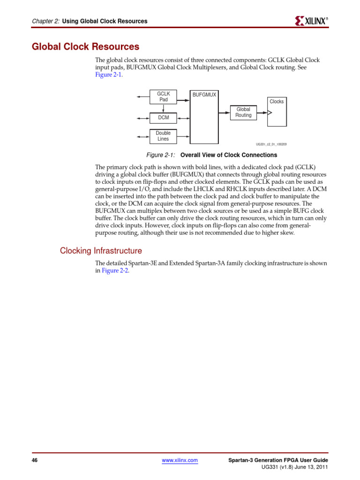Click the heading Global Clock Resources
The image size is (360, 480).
(85, 47)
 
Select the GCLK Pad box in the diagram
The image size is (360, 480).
(163, 97)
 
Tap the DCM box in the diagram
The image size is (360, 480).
(163, 117)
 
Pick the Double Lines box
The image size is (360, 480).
(163, 136)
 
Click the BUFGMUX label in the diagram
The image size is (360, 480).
(204, 95)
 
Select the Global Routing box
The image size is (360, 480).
(243, 112)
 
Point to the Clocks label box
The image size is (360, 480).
(277, 102)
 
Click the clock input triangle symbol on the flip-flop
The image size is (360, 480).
(269, 112)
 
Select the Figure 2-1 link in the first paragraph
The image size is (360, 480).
(109, 75)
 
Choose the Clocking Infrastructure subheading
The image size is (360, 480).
(101, 251)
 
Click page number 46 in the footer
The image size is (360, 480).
(35, 461)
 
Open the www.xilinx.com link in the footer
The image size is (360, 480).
(180, 461)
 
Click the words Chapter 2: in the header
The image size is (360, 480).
(45, 21)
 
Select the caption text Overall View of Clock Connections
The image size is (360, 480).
(229, 155)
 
